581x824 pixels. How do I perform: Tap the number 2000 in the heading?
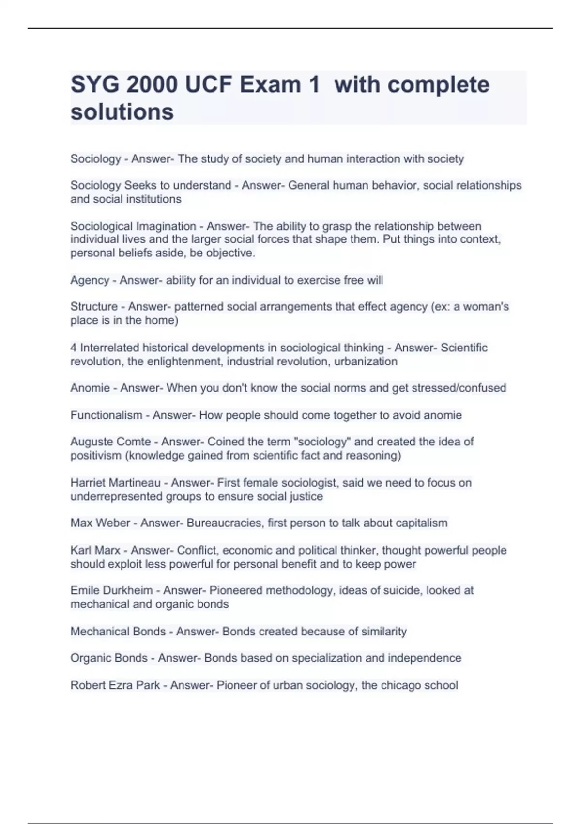coord(151,85)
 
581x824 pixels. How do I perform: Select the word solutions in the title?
coord(122,112)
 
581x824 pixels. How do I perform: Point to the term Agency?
coord(90,280)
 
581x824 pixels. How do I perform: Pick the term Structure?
coord(94,307)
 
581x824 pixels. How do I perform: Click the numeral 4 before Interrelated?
coord(73,348)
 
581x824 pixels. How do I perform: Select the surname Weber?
coord(113,523)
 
